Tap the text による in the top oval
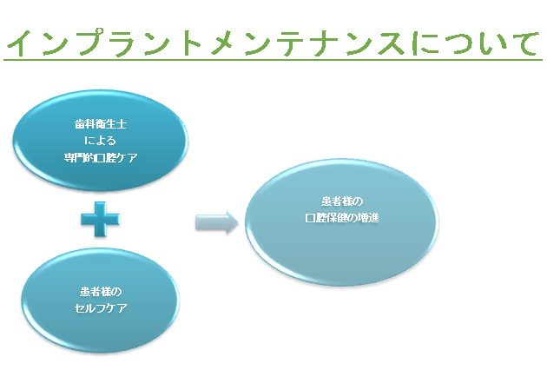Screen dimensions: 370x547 (100, 141)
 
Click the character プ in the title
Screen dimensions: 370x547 (95, 43)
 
